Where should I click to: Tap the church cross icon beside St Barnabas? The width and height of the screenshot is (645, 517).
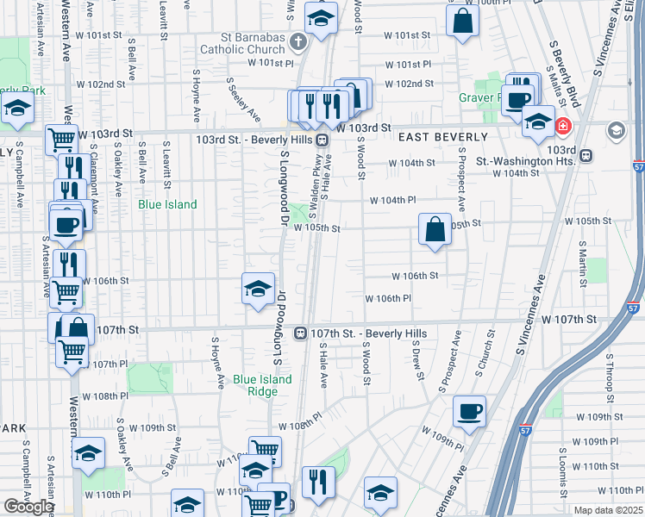coord(297,40)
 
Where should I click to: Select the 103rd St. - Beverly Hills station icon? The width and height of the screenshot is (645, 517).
coord(321,140)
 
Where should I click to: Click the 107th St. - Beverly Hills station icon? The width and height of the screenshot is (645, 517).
coord(301,333)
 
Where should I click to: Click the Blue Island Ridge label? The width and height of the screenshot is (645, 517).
coord(262,385)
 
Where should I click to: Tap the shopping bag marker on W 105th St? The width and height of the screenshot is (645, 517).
coord(435,229)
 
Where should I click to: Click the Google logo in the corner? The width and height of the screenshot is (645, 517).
coord(28,506)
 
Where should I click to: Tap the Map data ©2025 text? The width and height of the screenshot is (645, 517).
coord(608,510)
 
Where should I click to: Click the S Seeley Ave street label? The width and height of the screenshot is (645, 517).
coord(242,99)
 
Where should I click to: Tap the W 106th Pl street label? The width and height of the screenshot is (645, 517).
coord(388,298)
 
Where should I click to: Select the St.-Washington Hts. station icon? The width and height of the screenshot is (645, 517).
coord(586,156)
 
